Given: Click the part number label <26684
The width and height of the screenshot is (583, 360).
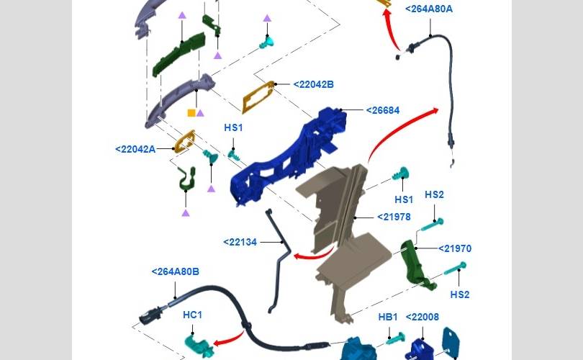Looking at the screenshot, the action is point(383,110).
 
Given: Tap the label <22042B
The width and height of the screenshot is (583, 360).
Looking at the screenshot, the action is point(313,84).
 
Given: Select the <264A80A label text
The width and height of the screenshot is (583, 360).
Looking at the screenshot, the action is point(429,9).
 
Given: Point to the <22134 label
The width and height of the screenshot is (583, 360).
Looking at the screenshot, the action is point(240,242).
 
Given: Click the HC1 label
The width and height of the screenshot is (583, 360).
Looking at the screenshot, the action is point(192,315).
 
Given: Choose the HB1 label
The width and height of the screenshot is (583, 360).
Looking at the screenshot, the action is point(388,317).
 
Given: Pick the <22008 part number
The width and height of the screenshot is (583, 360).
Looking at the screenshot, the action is point(422,317).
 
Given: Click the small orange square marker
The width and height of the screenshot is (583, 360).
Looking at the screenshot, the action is point(191,113).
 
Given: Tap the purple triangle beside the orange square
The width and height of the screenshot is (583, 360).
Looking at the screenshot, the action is point(200,113).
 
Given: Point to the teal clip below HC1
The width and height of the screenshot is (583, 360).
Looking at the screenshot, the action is point(196,345).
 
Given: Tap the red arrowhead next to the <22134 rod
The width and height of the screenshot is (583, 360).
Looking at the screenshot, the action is point(298,256).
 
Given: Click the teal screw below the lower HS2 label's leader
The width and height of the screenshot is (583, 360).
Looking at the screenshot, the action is point(454,269).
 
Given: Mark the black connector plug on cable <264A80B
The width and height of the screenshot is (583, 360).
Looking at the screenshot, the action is point(150,316).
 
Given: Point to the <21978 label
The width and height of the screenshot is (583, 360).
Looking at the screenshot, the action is point(394,217).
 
